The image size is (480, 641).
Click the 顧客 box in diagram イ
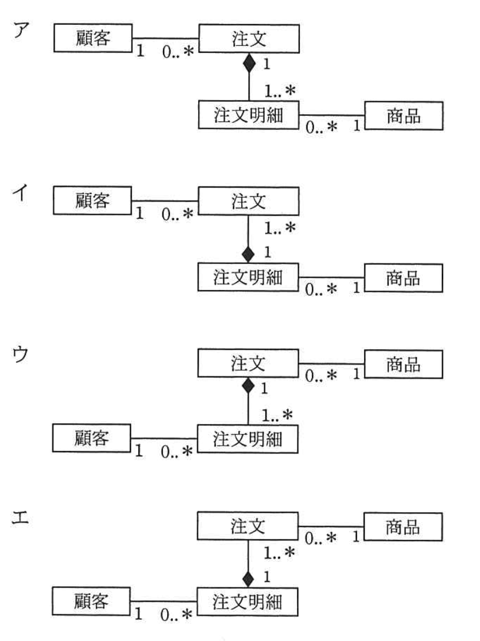(x=92, y=200)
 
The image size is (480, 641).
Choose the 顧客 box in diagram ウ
(x=92, y=440)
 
